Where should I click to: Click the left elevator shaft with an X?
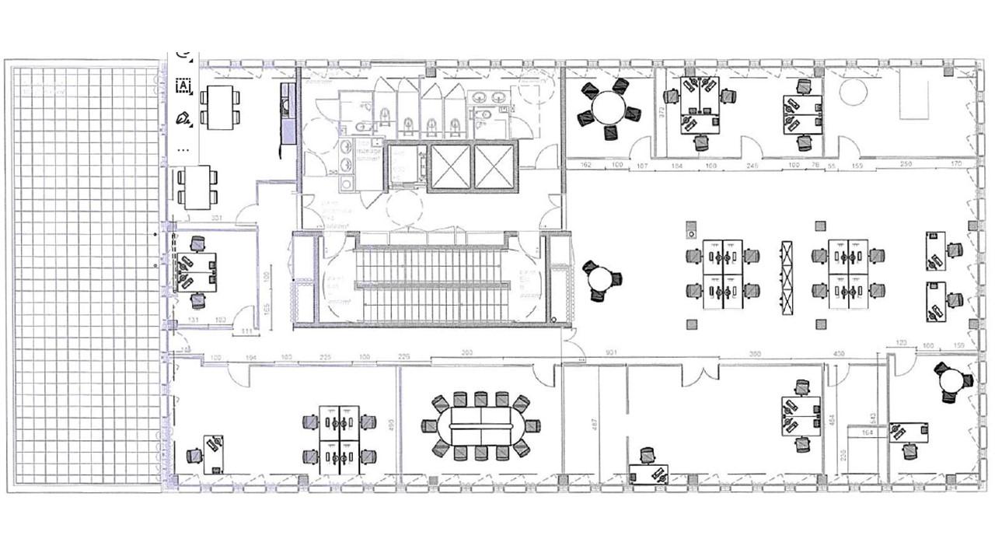point(450,167)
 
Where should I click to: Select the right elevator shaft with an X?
point(494,167)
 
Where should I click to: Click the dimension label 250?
point(906,164)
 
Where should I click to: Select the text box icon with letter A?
point(183,86)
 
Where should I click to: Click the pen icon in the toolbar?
point(183,118)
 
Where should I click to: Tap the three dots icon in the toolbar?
point(183,148)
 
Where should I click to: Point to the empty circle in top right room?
point(854,93)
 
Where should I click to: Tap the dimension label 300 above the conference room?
point(466,353)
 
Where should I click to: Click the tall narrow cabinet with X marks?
point(787,277)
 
